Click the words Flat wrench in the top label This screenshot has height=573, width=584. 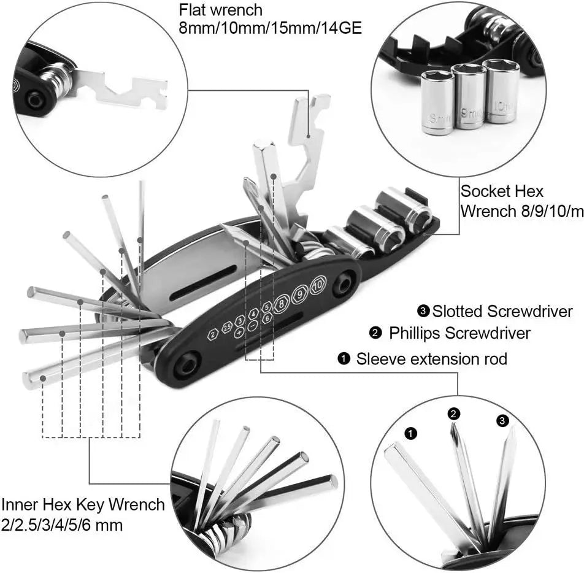[221, 10]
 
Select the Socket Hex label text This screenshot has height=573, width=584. [502, 191]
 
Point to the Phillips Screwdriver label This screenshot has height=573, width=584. [459, 334]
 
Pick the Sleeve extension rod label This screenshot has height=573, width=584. [431, 358]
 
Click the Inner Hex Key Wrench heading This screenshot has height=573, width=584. [83, 505]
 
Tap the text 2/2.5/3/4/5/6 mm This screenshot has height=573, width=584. [61, 525]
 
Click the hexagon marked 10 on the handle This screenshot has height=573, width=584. [317, 286]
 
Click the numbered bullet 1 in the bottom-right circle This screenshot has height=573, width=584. [412, 434]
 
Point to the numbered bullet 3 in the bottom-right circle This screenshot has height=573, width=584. [502, 420]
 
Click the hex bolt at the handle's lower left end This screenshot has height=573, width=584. [184, 367]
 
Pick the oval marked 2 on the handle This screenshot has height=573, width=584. [213, 334]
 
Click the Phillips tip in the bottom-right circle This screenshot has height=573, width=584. [455, 433]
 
